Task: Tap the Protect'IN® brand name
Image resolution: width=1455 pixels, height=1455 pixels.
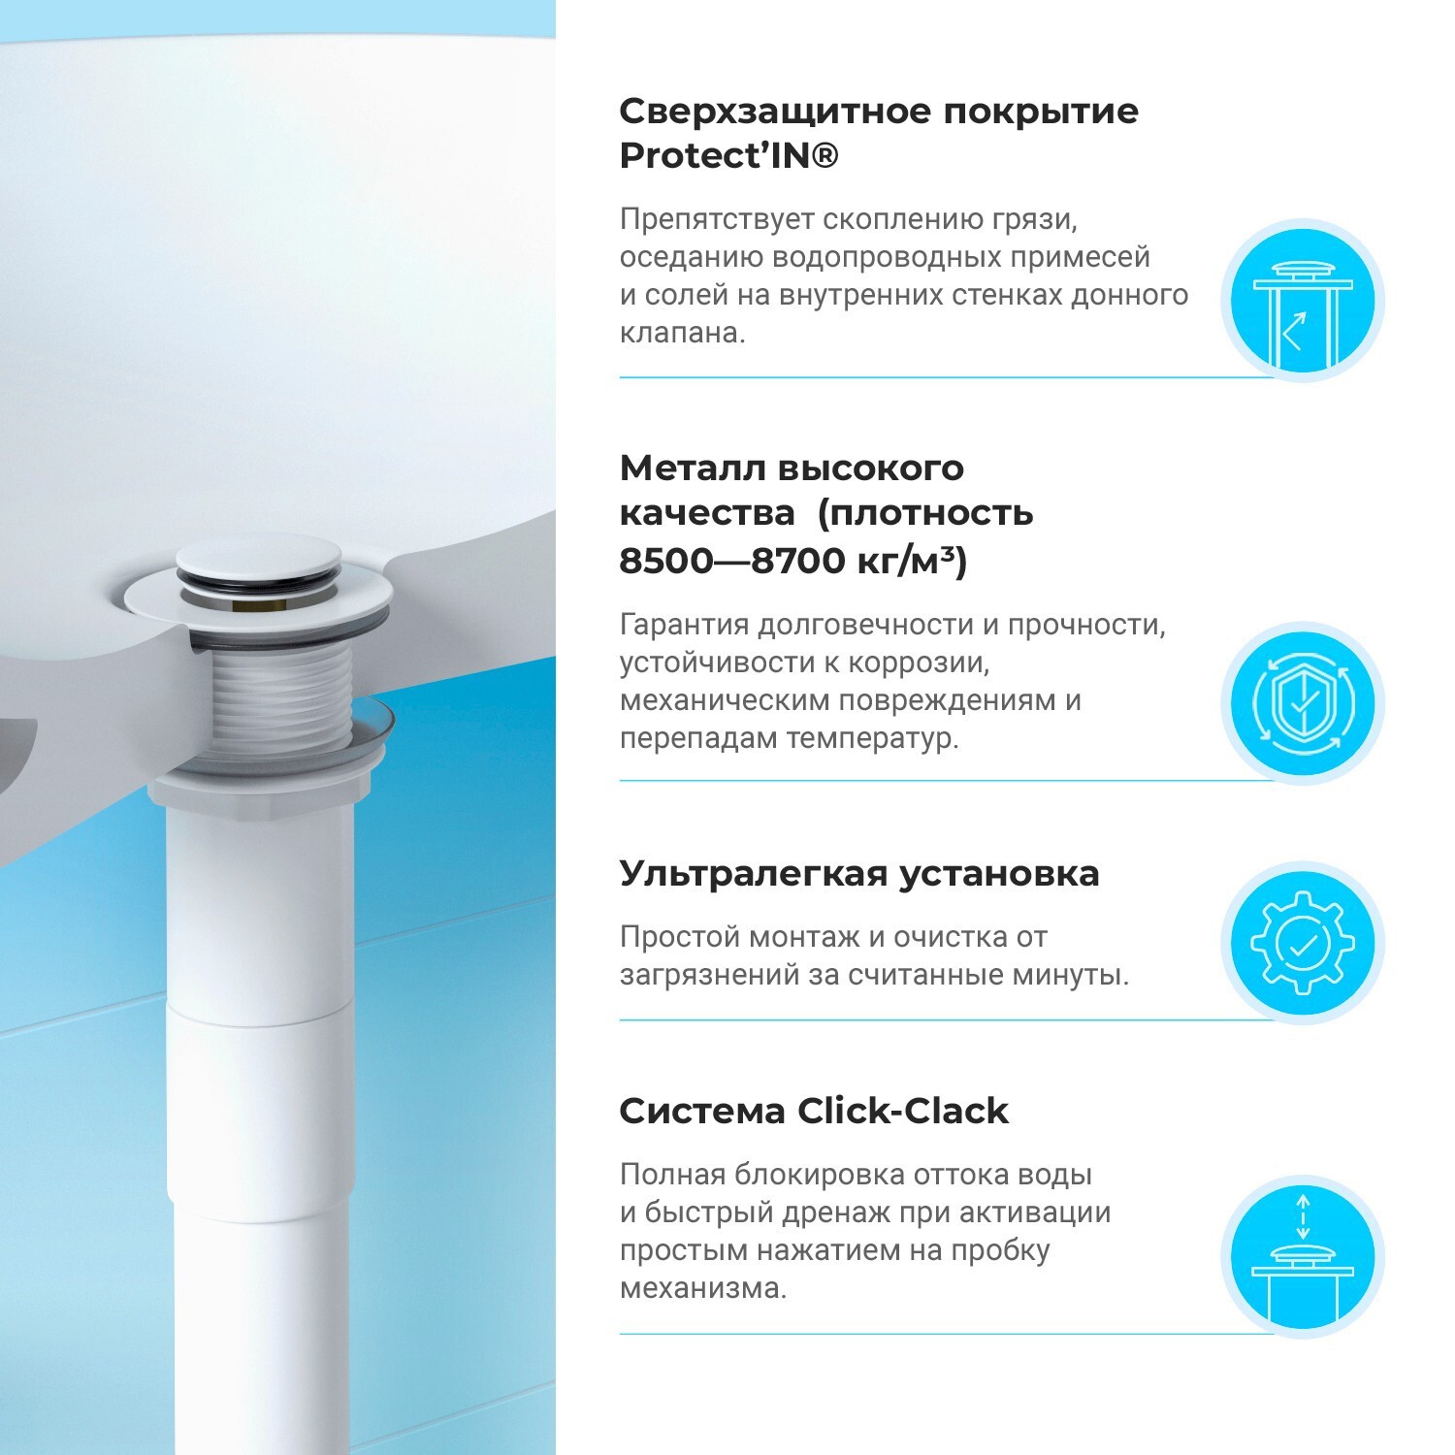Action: point(728,156)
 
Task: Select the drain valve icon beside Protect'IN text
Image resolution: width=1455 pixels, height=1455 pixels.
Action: point(1302,300)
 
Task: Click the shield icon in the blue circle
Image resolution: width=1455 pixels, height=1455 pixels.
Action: point(1302,703)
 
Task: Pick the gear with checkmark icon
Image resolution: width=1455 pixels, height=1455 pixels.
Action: point(1302,943)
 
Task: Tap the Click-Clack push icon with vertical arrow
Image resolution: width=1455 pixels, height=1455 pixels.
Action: point(1302,1257)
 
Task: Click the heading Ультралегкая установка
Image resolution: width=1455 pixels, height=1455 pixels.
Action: point(859,874)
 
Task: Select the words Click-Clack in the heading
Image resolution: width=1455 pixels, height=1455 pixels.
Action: point(903,1111)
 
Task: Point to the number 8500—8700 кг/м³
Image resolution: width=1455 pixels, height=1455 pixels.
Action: point(792,561)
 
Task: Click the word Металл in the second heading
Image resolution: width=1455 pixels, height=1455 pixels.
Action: point(690,468)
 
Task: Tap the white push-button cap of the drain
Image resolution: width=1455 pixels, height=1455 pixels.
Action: point(259,560)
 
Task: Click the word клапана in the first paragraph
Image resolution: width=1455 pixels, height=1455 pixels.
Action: point(682,333)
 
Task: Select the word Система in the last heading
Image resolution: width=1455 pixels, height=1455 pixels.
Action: point(701,1111)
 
